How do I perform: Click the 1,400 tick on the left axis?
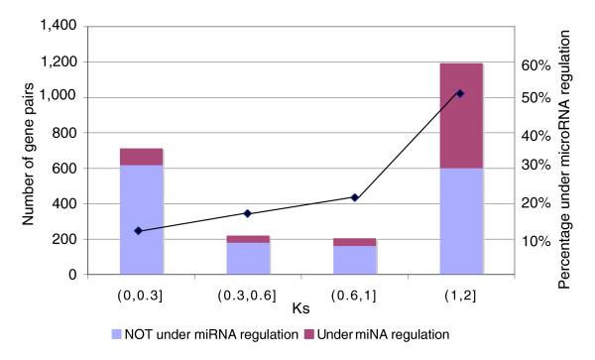pyautogui.click(x=64, y=26)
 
